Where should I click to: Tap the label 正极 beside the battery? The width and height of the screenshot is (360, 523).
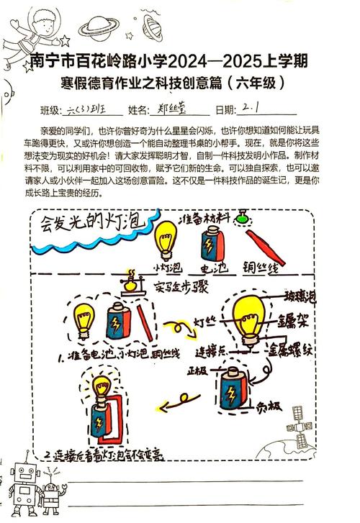(x=198, y=372)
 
